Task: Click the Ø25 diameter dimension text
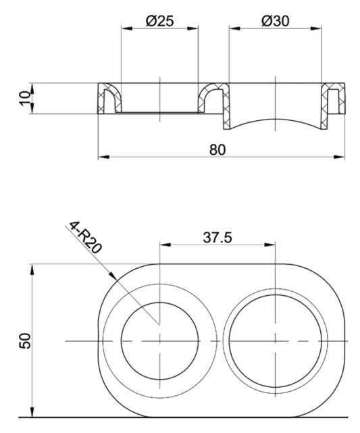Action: [159, 20]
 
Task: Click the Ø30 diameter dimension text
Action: [275, 20]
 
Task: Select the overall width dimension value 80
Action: [217, 149]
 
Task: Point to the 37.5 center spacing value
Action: [217, 237]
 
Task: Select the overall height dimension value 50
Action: [26, 339]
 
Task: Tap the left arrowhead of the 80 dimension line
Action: [102, 157]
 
